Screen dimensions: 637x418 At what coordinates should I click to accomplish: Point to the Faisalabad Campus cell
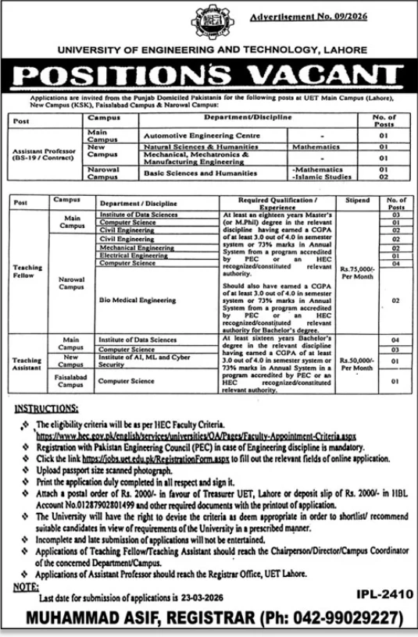(x=73, y=382)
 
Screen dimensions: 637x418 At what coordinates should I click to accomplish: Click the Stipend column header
(x=357, y=201)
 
